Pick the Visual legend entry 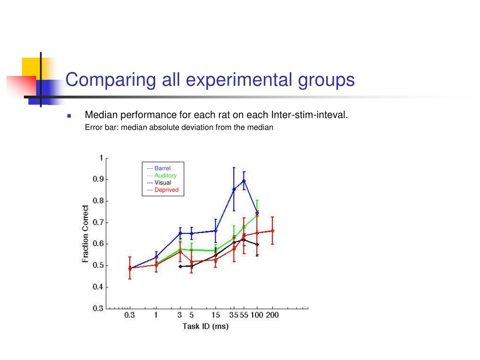click(x=159, y=183)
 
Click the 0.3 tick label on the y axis click(x=97, y=308)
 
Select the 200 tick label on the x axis click(x=272, y=315)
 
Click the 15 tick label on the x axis click(x=215, y=315)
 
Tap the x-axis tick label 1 click(x=156, y=315)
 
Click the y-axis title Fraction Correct click(x=86, y=233)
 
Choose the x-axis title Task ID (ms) click(x=205, y=326)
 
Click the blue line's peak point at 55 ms click(x=244, y=180)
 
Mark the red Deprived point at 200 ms click(x=272, y=231)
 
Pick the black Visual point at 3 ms click(x=180, y=266)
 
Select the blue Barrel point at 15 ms click(x=216, y=231)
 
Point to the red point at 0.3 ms click(x=130, y=269)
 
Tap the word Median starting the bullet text click(x=101, y=115)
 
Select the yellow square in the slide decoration click(x=30, y=67)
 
